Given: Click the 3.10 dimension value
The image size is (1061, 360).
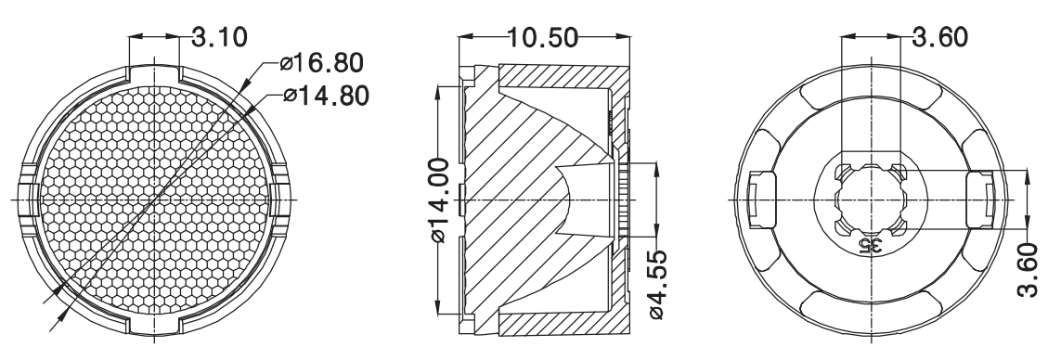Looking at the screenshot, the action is (220, 36).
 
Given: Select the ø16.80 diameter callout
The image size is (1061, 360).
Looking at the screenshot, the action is (321, 63).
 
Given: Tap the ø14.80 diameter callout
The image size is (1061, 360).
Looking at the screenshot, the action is (327, 96).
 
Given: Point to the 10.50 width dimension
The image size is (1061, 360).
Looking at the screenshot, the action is (543, 38).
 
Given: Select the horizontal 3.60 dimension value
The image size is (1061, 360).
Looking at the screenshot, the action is (940, 37).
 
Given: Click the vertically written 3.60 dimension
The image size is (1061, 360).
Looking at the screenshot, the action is (1028, 270).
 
